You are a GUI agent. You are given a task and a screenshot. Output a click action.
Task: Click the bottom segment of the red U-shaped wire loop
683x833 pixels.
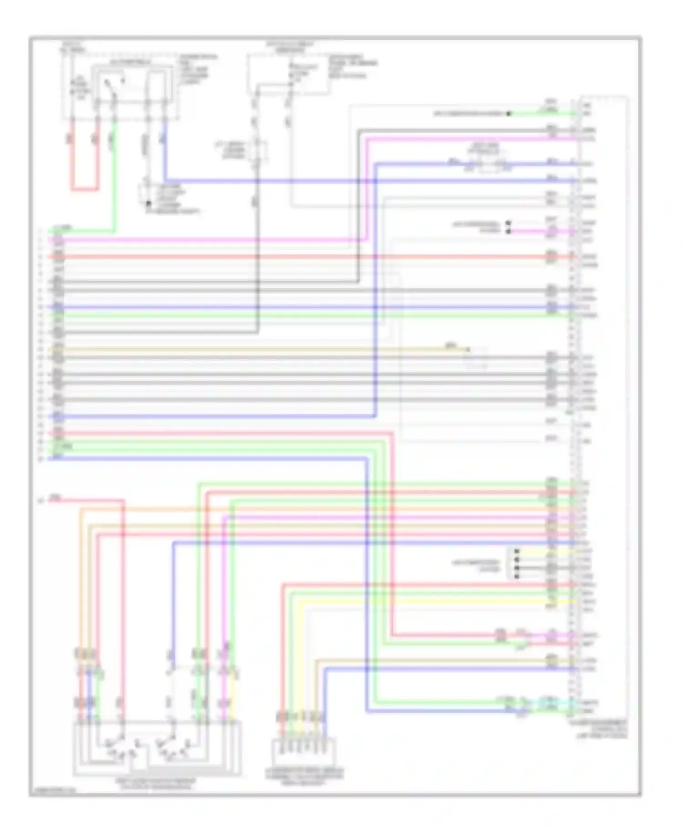click(x=85, y=189)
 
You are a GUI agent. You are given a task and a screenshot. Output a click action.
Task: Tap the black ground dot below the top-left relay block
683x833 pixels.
click(x=148, y=201)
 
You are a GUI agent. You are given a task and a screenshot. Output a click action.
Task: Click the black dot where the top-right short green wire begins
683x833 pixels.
click(x=509, y=113)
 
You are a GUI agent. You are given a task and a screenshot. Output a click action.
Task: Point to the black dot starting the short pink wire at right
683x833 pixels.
click(x=509, y=231)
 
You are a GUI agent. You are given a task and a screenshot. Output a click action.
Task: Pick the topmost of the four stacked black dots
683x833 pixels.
click(x=517, y=551)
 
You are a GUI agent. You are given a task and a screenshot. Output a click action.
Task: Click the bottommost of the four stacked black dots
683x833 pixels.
click(x=517, y=577)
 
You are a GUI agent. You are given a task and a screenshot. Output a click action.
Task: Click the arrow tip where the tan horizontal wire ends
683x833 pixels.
click(x=468, y=350)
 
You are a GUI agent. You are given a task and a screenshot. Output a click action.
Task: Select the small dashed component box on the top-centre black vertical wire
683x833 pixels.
click(x=257, y=150)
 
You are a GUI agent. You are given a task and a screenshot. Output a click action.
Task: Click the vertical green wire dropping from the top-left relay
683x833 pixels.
click(x=114, y=178)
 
